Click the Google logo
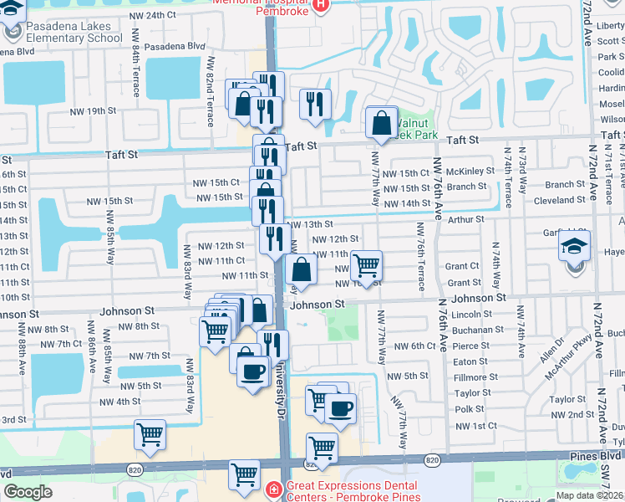(28, 493)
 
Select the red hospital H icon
(322, 8)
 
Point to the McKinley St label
(470, 172)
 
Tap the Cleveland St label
(559, 201)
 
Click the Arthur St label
(465, 219)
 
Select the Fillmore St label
(470, 377)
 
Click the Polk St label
(470, 409)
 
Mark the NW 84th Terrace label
(136, 74)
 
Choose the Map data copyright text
(589, 495)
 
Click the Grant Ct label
(461, 266)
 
